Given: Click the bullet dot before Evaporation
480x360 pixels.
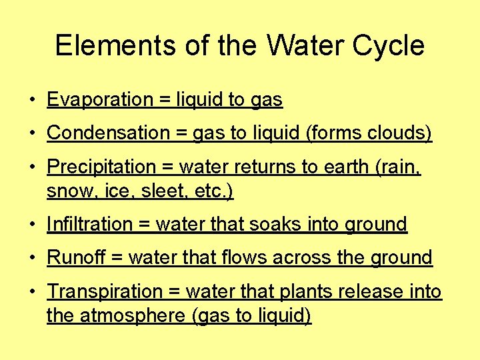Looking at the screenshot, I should click(x=32, y=101).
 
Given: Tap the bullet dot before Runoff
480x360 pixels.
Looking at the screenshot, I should click(x=32, y=259).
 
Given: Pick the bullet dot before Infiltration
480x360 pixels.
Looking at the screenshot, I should click(x=32, y=225).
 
